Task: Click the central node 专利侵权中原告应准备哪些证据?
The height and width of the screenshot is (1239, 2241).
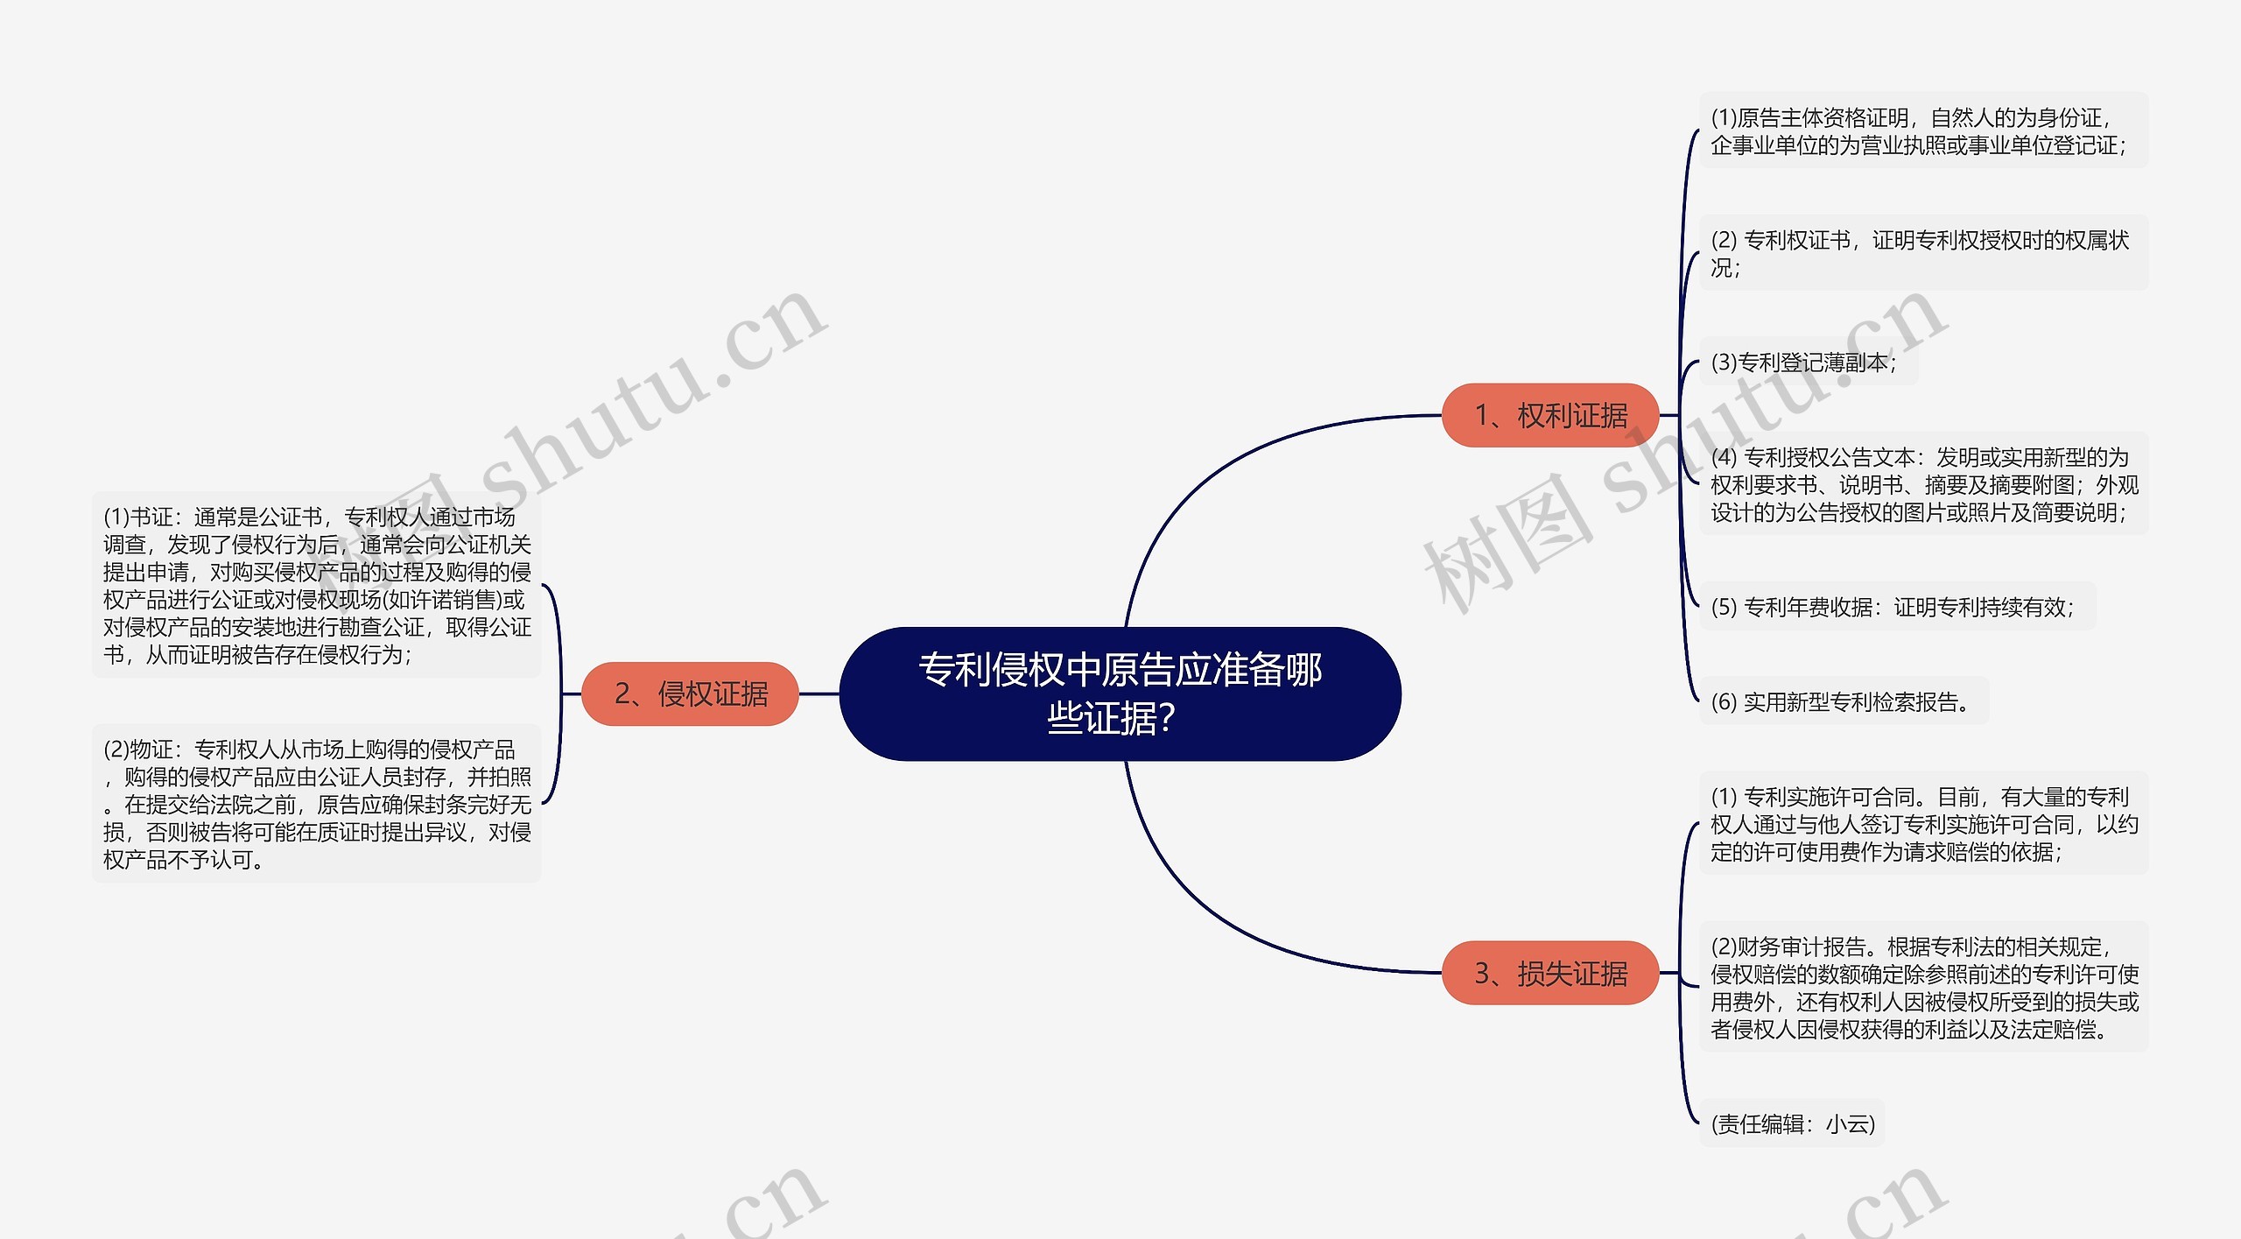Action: tap(1120, 693)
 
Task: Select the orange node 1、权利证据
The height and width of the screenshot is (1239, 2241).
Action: tap(1549, 415)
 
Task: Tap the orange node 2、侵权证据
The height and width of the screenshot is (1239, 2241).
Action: tap(690, 693)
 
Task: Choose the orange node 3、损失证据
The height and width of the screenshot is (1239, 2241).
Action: tap(1549, 973)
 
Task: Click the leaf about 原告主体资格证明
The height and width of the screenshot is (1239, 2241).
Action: tap(1922, 130)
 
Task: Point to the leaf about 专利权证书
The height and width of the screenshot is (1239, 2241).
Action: tap(1922, 253)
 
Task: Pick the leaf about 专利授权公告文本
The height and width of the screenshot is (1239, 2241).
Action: tap(1922, 484)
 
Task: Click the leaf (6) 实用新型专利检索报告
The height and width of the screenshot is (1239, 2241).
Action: tap(1842, 701)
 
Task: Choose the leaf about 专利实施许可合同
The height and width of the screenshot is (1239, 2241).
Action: tap(1922, 824)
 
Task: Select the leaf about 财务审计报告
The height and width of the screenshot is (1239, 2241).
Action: tap(1922, 987)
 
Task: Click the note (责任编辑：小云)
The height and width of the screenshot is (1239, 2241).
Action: tap(1792, 1123)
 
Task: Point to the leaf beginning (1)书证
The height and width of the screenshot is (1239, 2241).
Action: tap(316, 585)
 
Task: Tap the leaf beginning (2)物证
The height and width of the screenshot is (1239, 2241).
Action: tap(316, 804)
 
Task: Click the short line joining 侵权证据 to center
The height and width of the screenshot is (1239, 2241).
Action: tap(818, 693)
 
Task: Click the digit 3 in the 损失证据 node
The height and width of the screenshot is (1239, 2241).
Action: tap(1482, 973)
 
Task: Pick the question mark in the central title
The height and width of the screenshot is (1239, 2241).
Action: tap(1165, 720)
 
